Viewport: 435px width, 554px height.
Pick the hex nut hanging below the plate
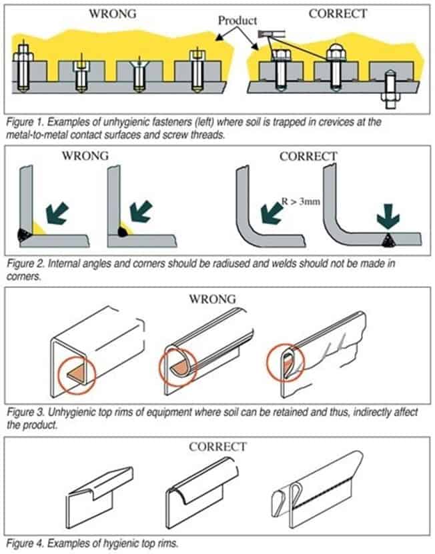click(388, 100)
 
